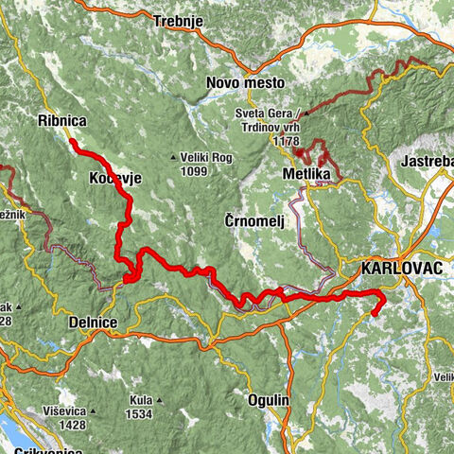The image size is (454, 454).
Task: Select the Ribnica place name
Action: [61, 121]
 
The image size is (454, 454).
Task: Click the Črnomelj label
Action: [254, 219]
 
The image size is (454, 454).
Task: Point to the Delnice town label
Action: [92, 323]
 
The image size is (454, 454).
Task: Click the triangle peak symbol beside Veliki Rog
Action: [173, 157]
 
